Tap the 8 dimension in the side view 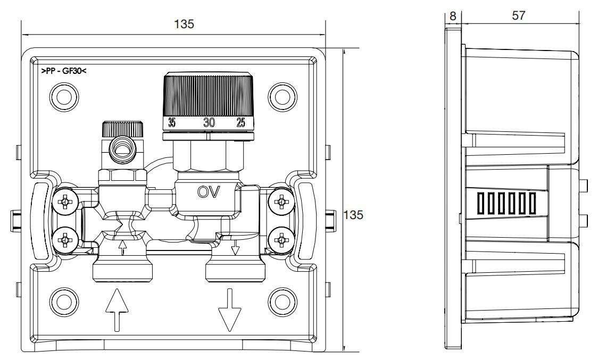pyautogui.click(x=453, y=16)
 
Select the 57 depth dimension pyautogui.click(x=518, y=16)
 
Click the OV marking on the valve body pyautogui.click(x=209, y=191)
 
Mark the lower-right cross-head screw pyautogui.click(x=280, y=240)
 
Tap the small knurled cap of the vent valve pyautogui.click(x=123, y=128)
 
